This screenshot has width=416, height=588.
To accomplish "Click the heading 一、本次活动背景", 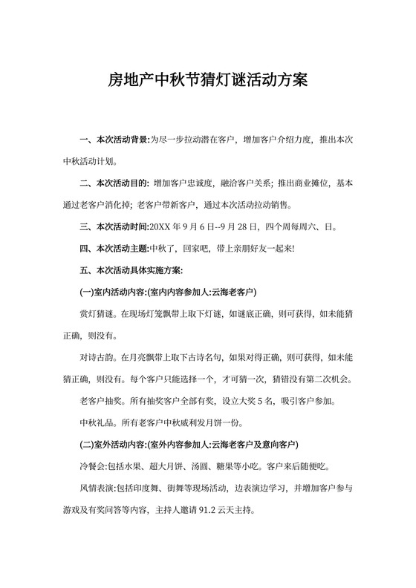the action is point(114,139).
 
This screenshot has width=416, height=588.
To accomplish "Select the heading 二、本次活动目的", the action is point(114,183).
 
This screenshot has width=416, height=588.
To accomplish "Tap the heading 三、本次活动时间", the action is point(114,226).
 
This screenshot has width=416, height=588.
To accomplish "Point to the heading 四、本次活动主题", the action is point(114,248).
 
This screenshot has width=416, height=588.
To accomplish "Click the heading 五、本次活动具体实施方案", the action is point(126,269).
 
